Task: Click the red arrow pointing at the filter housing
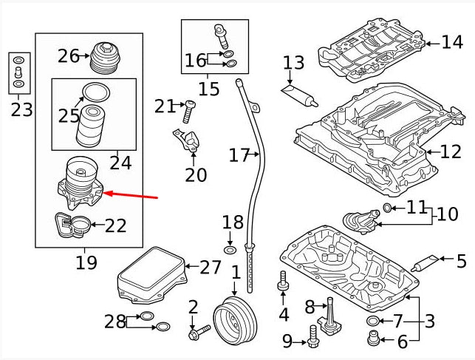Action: pyautogui.click(x=132, y=196)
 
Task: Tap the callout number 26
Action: pyautogui.click(x=69, y=55)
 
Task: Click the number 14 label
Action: pyautogui.click(x=451, y=42)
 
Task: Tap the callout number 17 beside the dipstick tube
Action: pyautogui.click(x=239, y=156)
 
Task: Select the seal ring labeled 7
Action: pyautogui.click(x=373, y=320)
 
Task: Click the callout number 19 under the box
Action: pyautogui.click(x=86, y=262)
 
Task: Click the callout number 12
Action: pyautogui.click(x=451, y=152)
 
